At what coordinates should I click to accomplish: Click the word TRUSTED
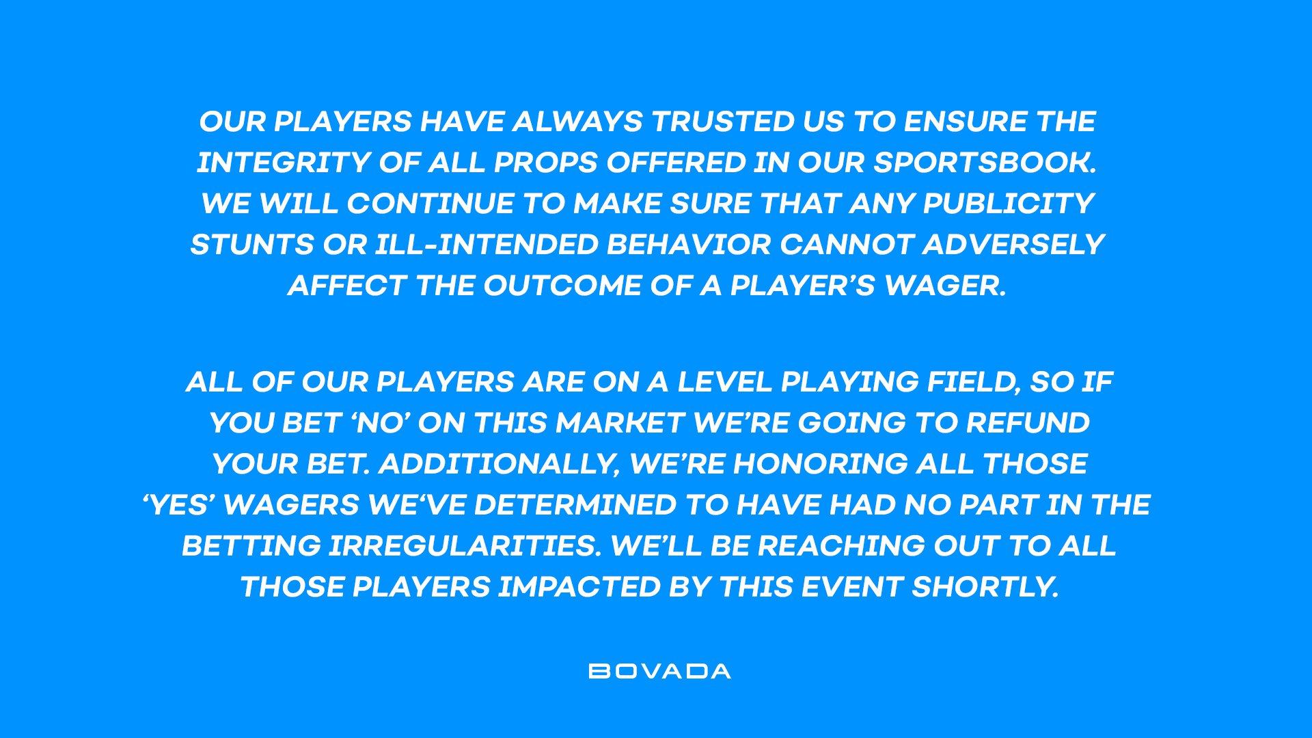pyautogui.click(x=722, y=122)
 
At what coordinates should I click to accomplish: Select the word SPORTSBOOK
pyautogui.click(x=985, y=163)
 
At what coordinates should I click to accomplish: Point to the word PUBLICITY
pyautogui.click(x=1009, y=204)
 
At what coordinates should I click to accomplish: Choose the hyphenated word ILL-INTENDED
pyautogui.click(x=487, y=245)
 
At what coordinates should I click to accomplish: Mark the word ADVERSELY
pyautogui.click(x=1013, y=245)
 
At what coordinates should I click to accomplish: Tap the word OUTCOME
pyautogui.click(x=562, y=286)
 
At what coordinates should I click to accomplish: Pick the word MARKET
pyautogui.click(x=620, y=423)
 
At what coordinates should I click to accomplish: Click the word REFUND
pyautogui.click(x=1028, y=423)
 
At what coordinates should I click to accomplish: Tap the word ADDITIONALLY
pyautogui.click(x=499, y=464)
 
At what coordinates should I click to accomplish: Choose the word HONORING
pyautogui.click(x=820, y=464)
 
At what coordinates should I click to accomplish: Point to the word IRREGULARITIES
pyautogui.click(x=465, y=546)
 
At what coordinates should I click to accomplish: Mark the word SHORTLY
pyautogui.click(x=985, y=587)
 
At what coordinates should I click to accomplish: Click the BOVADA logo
pyautogui.click(x=659, y=671)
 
